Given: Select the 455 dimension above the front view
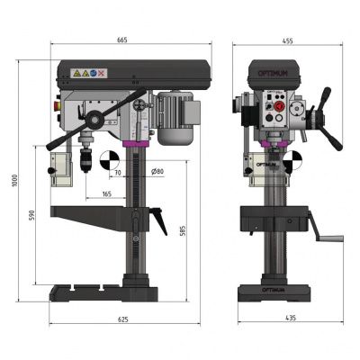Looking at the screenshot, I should tap(288, 40).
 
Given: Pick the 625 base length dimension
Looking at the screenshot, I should tap(123, 319).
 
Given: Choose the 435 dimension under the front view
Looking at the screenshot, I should tap(289, 319).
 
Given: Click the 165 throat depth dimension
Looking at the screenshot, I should tap(107, 193).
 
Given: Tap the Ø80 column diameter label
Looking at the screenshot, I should tap(158, 171).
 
